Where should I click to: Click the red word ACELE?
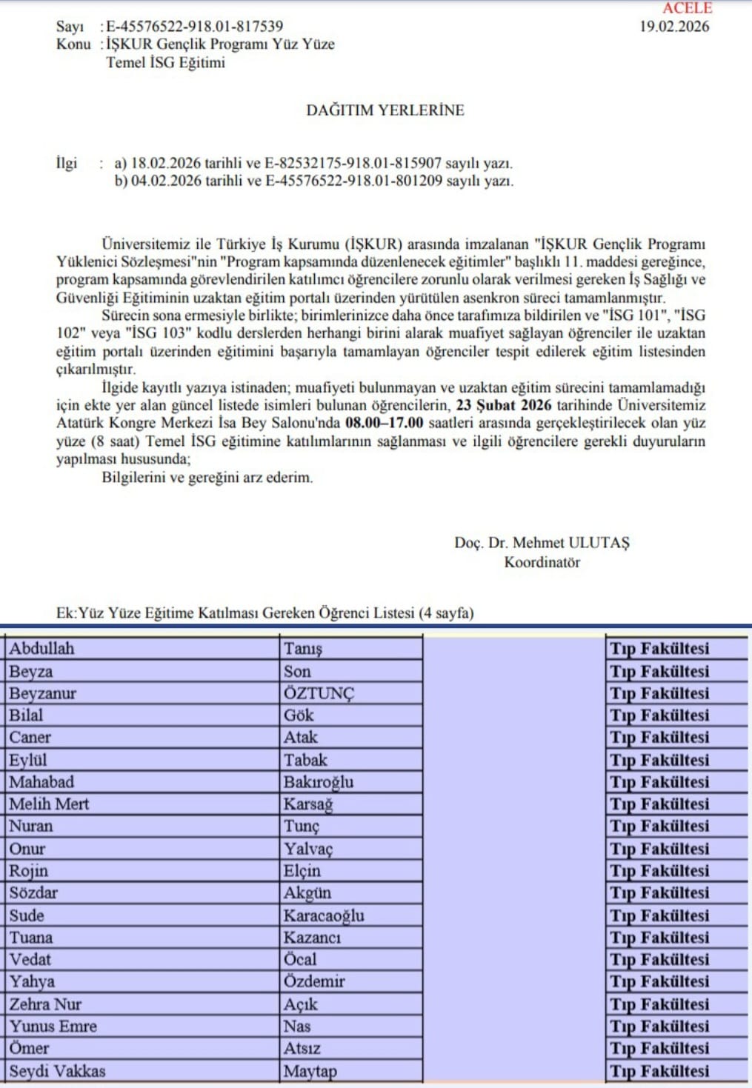pyautogui.click(x=687, y=8)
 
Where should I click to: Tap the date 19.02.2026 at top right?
pyautogui.click(x=674, y=27)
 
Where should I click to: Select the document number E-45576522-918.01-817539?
pyautogui.click(x=194, y=27)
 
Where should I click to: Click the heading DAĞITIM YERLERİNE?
pyautogui.click(x=385, y=110)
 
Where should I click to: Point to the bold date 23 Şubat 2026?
pyautogui.click(x=504, y=405)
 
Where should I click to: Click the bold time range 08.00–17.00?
pyautogui.click(x=385, y=423)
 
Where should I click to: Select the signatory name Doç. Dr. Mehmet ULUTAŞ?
pyautogui.click(x=542, y=543)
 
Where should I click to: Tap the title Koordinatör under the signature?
pyautogui.click(x=542, y=562)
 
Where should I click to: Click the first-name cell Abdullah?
pyautogui.click(x=42, y=649)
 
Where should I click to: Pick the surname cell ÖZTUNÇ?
pyautogui.click(x=319, y=693)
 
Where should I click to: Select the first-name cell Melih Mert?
pyautogui.click(x=49, y=804)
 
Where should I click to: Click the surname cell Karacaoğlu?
pyautogui.click(x=324, y=915)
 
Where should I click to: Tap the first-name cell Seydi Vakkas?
pyautogui.click(x=57, y=1071)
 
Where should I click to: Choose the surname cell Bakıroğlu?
pyautogui.click(x=319, y=782)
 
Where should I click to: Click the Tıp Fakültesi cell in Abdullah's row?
pyautogui.click(x=659, y=649)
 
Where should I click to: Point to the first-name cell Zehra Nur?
pyautogui.click(x=45, y=1004)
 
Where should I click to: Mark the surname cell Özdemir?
pyautogui.click(x=314, y=981)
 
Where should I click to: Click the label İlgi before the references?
pyautogui.click(x=67, y=163)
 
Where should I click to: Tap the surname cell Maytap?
pyautogui.click(x=310, y=1071)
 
